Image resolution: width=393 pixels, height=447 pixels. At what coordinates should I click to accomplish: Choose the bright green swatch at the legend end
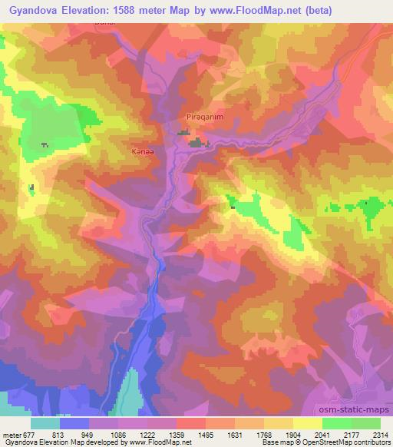[365, 423]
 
